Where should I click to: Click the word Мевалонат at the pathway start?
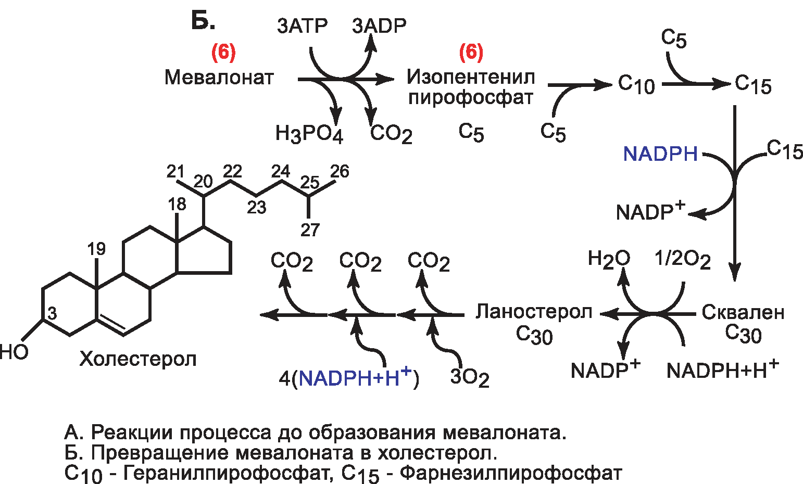[x=219, y=78]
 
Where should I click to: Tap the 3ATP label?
[x=302, y=26]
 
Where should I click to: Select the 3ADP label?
[x=379, y=26]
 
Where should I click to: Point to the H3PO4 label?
[x=309, y=134]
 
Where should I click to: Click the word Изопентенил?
[x=471, y=78]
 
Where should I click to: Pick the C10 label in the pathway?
[x=636, y=84]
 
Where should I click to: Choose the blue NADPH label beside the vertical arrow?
[x=660, y=154]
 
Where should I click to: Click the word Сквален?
[x=743, y=312]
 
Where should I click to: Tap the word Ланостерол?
[x=534, y=312]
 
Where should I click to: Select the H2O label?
[x=609, y=259]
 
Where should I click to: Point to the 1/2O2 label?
[x=683, y=259]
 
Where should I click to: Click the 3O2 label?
[x=470, y=378]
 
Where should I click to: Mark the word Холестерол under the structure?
[x=138, y=359]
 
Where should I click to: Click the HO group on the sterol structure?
[x=14, y=352]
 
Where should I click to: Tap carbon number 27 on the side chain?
[x=310, y=230]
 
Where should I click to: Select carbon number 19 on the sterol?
[x=96, y=249]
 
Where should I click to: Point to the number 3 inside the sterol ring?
[x=53, y=314]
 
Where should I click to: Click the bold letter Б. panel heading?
[x=203, y=21]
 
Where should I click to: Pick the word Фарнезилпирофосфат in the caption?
[x=511, y=473]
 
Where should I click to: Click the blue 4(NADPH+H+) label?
[x=349, y=378]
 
